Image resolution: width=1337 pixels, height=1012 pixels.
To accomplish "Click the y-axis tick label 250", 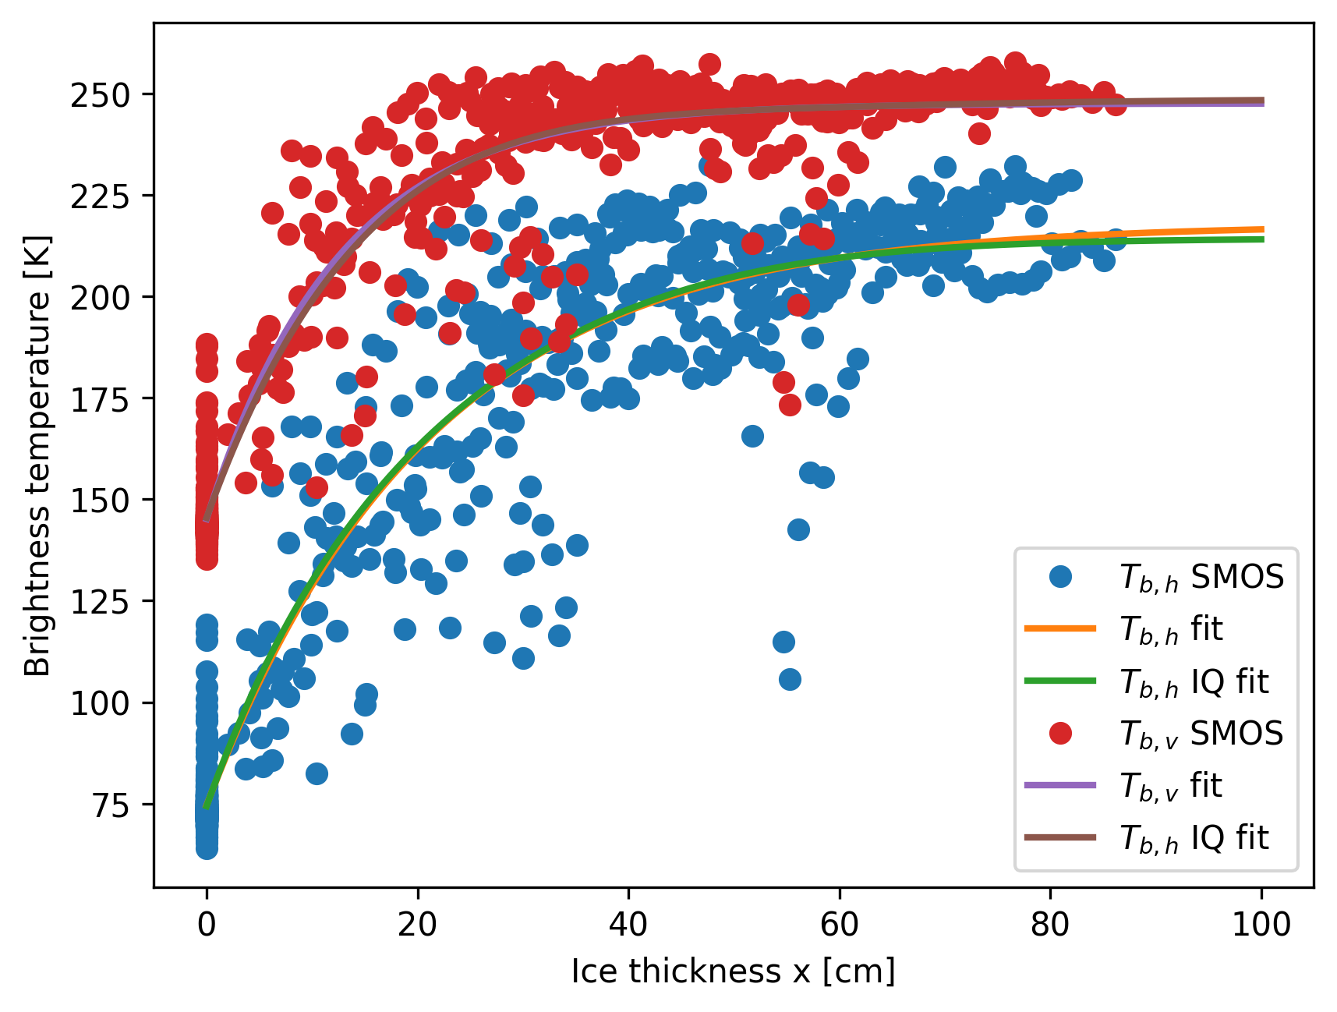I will click(100, 95).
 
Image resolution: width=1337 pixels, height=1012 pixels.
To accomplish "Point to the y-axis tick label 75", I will click(111, 805).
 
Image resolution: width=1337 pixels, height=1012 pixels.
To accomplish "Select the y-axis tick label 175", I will click(100, 399).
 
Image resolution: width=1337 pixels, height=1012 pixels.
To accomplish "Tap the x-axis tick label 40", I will click(628, 925).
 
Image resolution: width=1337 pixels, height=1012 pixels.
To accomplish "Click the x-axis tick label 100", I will click(1261, 925).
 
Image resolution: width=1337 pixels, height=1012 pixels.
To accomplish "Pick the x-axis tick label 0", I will click(207, 925).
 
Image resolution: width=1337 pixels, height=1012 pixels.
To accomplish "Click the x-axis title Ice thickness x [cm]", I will click(733, 972).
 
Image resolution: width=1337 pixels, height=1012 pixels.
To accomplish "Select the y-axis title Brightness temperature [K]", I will click(37, 455).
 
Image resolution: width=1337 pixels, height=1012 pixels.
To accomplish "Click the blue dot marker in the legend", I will click(1060, 577).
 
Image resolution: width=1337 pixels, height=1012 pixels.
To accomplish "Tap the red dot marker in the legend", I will click(1060, 733).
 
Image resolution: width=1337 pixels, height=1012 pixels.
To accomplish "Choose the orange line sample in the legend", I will click(1060, 628).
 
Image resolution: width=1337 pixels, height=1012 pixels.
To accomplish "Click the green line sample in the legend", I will click(1060, 681).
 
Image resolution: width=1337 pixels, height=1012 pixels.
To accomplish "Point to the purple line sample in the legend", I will click(1060, 785).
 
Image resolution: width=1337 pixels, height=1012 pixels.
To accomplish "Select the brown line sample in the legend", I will click(1060, 837).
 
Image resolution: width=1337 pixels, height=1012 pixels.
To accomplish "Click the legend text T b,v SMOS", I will click(1201, 734).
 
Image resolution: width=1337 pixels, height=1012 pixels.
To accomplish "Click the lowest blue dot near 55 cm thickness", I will click(790, 680).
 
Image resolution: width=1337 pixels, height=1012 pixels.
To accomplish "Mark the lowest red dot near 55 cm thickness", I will click(790, 405).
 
